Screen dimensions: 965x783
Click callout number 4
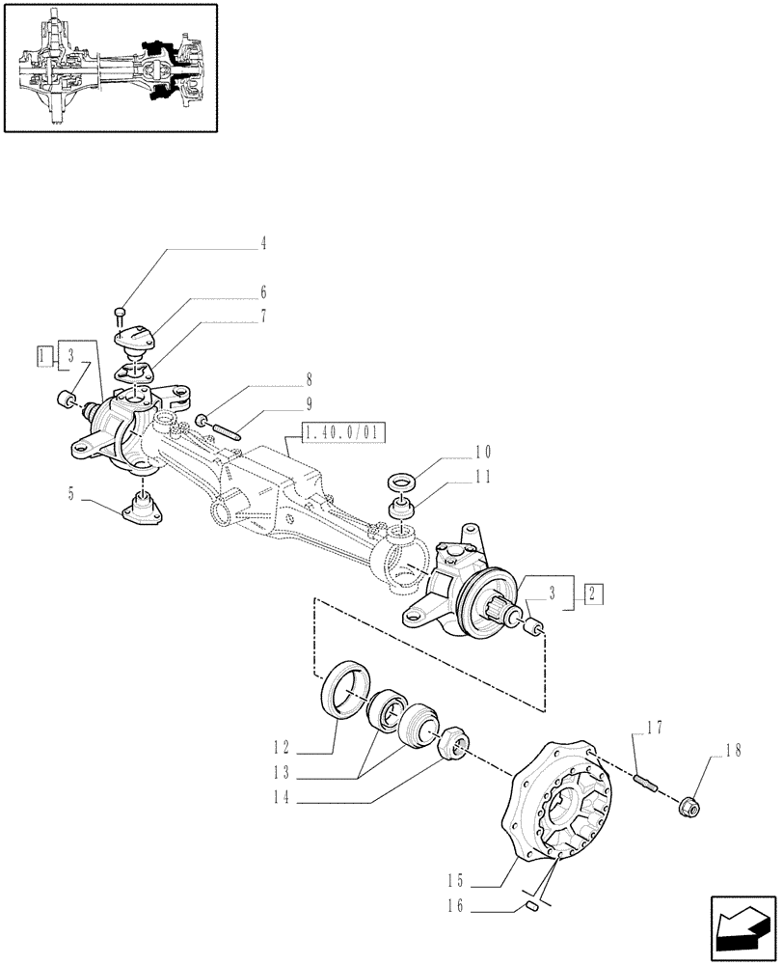pos(262,244)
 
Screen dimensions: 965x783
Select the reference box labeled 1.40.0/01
pos(342,433)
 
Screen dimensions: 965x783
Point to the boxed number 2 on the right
pos(592,592)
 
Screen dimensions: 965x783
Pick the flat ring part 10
pos(399,480)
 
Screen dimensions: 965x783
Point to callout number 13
pos(282,772)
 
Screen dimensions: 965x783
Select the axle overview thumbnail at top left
pos(110,68)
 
